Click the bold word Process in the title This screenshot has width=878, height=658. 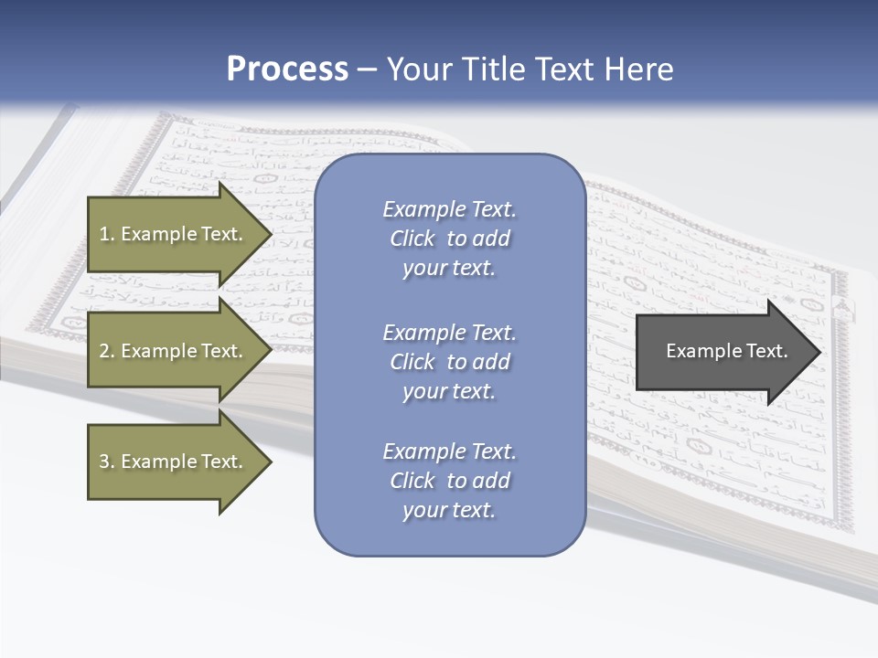coord(287,69)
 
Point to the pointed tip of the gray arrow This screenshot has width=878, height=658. coord(819,352)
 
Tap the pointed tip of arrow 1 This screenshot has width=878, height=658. coord(270,234)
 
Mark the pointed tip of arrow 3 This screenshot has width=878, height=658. coord(270,462)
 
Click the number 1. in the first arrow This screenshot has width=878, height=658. coord(107,234)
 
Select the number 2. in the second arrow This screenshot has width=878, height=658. coord(107,351)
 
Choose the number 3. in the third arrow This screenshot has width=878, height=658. coord(107,462)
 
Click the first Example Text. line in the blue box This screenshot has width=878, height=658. coord(449,209)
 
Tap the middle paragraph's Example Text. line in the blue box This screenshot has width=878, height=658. coord(449,333)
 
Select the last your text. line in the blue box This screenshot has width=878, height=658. coord(449,510)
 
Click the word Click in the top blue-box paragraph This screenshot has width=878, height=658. coord(412,239)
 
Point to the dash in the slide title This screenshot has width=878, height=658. coord(367,69)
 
